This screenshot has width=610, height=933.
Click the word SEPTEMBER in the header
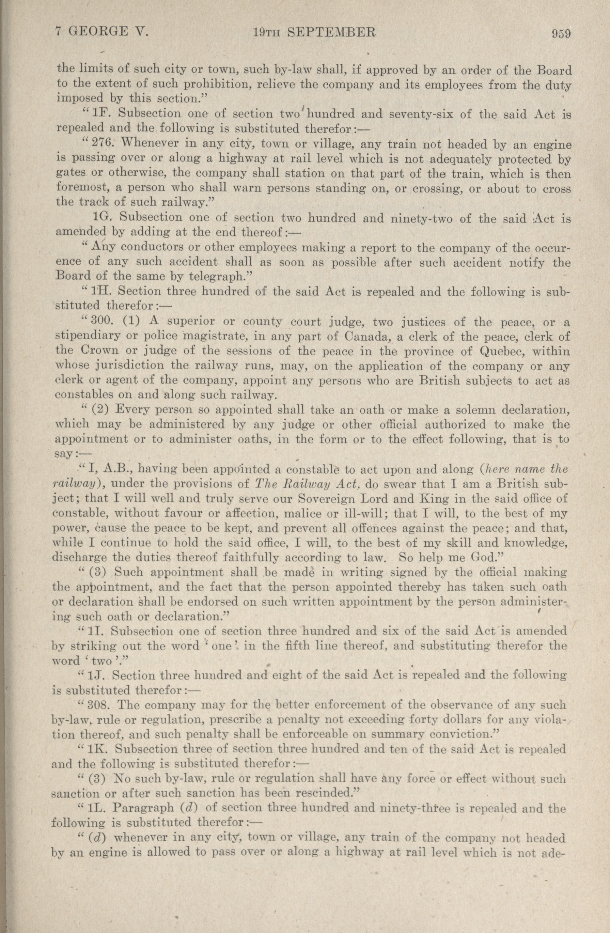click(332, 32)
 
